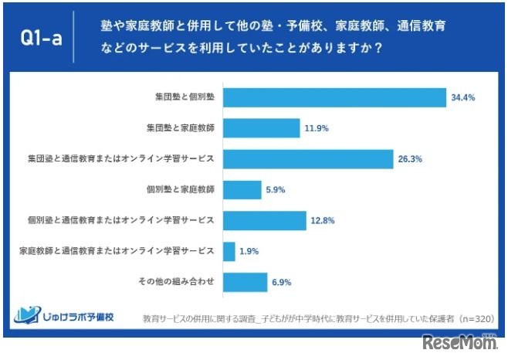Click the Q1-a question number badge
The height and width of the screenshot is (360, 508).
(x=39, y=37)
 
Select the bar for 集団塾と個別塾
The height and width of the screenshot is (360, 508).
(x=334, y=98)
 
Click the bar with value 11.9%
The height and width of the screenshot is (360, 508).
(x=261, y=128)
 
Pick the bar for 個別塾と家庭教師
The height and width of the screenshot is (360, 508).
(x=242, y=189)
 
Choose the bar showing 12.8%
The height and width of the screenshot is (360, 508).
(x=264, y=220)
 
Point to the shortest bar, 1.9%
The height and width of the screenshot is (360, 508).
(x=229, y=251)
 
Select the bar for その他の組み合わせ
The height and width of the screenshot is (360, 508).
(x=245, y=282)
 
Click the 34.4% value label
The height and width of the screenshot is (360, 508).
(x=462, y=98)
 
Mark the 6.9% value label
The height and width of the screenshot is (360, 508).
(x=281, y=282)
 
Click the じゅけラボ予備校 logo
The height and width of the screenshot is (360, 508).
(x=64, y=315)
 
